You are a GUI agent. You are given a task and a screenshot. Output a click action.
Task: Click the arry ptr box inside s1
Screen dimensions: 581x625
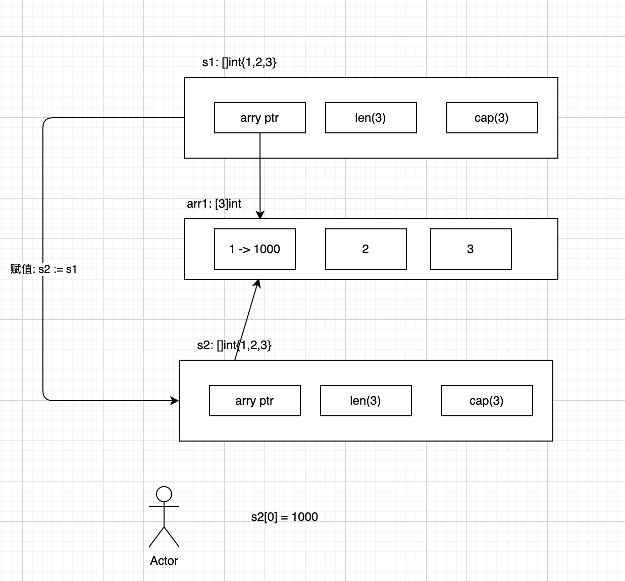click(x=259, y=118)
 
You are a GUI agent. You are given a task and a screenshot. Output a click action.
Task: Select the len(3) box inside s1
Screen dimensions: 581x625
click(x=371, y=118)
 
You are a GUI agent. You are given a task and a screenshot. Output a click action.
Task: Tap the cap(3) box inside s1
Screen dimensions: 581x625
click(x=492, y=118)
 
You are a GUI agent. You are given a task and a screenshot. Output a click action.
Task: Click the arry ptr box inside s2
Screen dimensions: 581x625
click(x=254, y=401)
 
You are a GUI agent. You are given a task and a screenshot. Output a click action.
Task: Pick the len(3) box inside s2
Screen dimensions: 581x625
click(x=366, y=401)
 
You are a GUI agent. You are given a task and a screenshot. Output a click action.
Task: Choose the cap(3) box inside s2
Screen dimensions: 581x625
click(x=487, y=401)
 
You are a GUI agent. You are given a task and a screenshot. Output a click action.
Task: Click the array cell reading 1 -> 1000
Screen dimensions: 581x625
click(x=254, y=249)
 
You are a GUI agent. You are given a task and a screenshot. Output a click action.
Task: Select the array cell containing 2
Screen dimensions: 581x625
click(x=366, y=249)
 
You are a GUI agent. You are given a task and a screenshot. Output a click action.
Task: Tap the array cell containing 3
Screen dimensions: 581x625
click(x=471, y=249)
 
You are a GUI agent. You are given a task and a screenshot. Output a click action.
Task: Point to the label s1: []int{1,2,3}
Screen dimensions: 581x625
click(x=239, y=62)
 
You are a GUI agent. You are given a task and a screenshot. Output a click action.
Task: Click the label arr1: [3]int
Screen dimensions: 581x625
click(x=214, y=204)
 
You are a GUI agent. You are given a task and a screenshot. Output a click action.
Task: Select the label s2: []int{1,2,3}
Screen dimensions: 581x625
click(x=234, y=345)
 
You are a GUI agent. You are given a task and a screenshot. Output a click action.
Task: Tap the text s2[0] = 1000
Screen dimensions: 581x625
click(x=284, y=517)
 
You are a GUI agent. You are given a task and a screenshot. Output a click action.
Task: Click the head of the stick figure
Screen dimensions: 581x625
click(x=164, y=494)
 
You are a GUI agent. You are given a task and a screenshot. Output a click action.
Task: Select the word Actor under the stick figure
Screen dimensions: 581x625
click(x=164, y=560)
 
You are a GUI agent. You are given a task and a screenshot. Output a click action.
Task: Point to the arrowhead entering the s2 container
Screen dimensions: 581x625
click(x=175, y=401)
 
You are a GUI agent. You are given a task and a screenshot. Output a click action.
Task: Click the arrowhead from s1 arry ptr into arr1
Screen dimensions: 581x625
click(x=260, y=215)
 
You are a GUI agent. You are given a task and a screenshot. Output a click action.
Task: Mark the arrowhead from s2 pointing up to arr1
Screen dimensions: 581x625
click(x=257, y=283)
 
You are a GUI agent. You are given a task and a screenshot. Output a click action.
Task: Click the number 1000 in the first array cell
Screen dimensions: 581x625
click(x=267, y=249)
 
